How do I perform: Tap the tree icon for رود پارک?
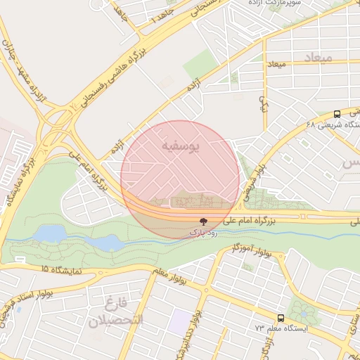coord(203,220)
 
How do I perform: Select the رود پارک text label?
coord(202,231)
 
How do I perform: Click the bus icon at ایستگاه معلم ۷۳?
coord(281,319)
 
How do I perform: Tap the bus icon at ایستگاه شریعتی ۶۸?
coord(337,114)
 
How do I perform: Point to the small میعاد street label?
coord(276,65)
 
